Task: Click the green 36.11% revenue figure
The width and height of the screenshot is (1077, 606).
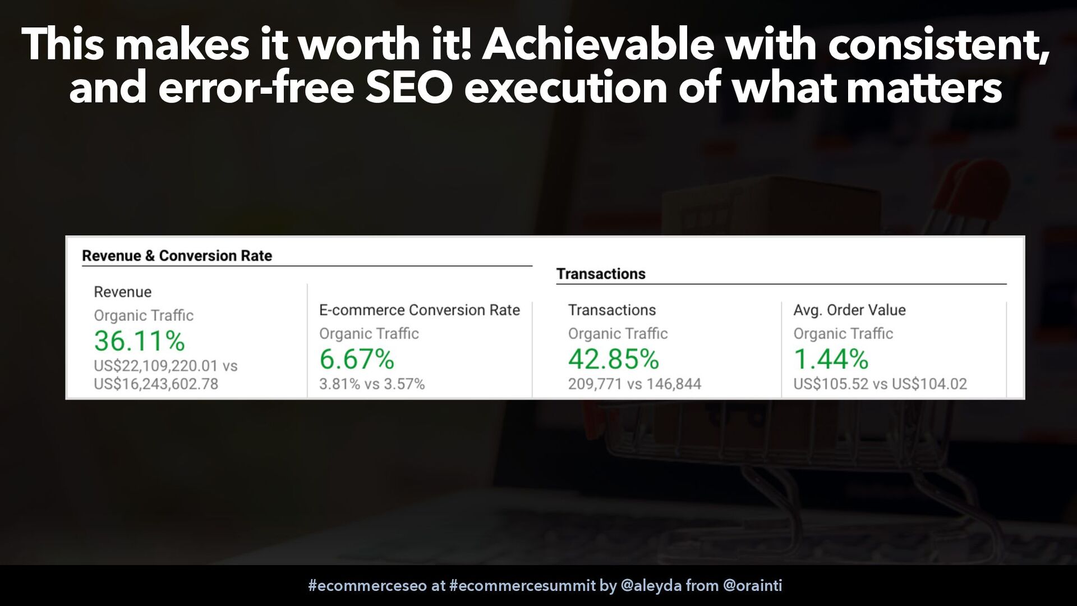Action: [140, 341]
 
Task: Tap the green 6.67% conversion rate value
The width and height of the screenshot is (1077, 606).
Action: [357, 359]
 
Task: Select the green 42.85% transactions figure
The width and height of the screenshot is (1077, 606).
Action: [614, 359]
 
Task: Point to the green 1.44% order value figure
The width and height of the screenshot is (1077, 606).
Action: [831, 359]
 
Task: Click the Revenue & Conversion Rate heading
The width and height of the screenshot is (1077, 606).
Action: [177, 256]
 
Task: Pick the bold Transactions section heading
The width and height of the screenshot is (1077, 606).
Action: [601, 274]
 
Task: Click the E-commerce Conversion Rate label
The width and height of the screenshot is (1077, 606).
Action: [420, 310]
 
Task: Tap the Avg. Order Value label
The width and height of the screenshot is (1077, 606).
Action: [849, 310]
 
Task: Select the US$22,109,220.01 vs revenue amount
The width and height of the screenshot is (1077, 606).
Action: [165, 366]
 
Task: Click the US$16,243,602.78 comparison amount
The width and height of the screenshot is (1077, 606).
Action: [156, 384]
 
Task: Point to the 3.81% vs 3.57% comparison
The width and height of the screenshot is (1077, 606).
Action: [372, 384]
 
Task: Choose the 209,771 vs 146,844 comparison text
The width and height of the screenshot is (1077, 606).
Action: [634, 384]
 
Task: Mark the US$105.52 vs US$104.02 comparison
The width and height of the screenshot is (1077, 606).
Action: [880, 384]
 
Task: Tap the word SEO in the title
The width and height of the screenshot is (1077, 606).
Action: [408, 88]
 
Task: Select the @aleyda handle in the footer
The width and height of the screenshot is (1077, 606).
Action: [651, 586]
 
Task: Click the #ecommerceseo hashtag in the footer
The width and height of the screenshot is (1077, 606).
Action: [367, 586]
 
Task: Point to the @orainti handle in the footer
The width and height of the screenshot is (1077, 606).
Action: [752, 586]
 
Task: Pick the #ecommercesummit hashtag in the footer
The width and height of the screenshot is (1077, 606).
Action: [522, 586]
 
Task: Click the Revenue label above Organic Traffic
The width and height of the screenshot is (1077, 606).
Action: [122, 292]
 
